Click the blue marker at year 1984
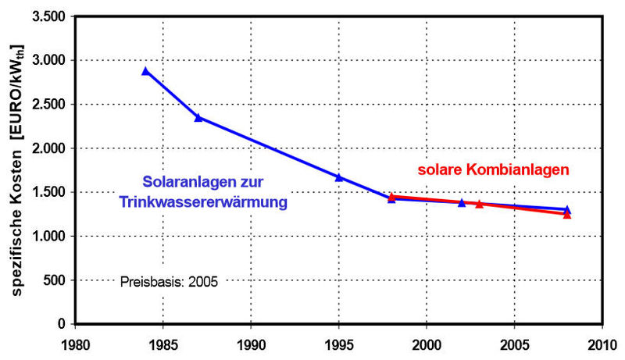coord(145,71)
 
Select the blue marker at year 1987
coord(198,117)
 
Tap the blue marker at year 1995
coord(339,177)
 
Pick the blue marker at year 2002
coord(462,202)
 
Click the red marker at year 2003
coord(479,204)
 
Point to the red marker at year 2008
coord(567,214)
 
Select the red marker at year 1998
coord(391,197)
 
